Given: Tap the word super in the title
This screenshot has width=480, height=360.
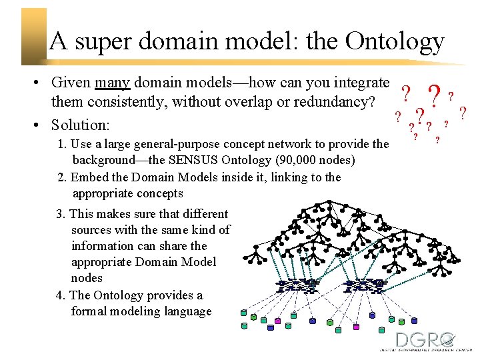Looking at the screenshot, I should pos(103,41).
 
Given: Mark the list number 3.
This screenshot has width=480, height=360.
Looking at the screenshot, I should pos(60,214).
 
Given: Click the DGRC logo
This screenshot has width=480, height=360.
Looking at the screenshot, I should pos(425,341).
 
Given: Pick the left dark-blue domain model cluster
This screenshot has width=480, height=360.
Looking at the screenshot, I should pos(297,285).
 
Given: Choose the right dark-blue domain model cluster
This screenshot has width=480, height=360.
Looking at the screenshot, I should pos(364,285).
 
